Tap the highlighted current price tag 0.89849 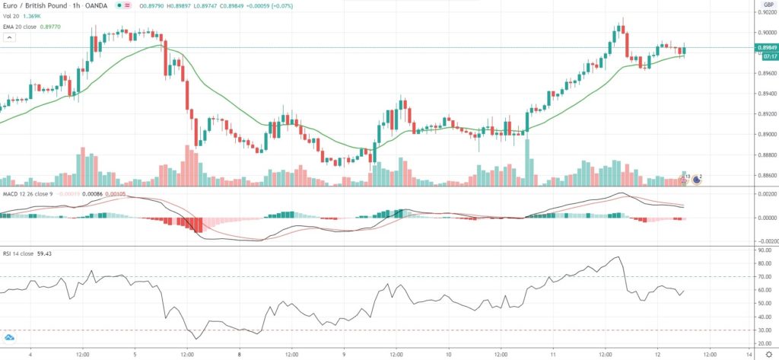[x=766, y=47]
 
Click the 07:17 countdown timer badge [x=766, y=56]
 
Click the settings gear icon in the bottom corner [x=768, y=354]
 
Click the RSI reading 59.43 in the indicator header [x=56, y=253]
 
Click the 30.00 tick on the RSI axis [x=765, y=330]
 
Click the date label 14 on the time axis [x=749, y=354]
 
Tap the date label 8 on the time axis [x=240, y=354]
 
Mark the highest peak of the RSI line [x=619, y=257]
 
